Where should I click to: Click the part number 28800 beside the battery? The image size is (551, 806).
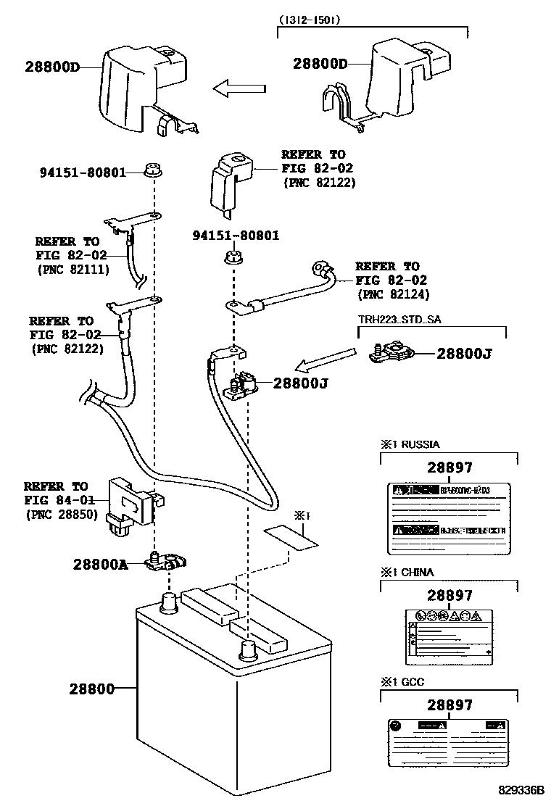point(92,689)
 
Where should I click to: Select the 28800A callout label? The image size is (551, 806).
point(100,564)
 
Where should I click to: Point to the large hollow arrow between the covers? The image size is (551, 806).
point(240,88)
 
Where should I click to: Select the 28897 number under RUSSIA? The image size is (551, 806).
point(449,468)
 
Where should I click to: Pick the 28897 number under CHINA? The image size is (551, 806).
point(449,595)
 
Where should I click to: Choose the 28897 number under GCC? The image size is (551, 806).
point(449,705)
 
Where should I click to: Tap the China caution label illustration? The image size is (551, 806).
point(449,634)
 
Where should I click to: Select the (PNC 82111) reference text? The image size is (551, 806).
point(72,270)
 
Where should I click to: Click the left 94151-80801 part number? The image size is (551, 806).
point(83,173)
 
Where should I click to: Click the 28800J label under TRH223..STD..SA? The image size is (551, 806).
point(465,354)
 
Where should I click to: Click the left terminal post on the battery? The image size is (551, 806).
point(169,601)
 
